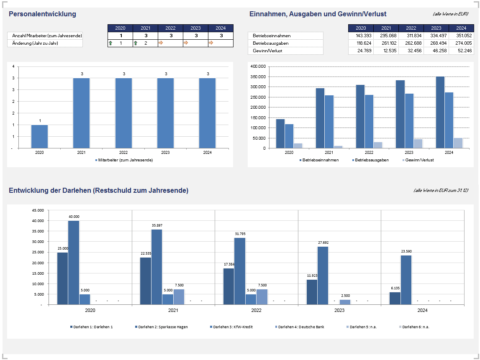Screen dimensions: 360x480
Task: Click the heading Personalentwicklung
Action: coord(42,14)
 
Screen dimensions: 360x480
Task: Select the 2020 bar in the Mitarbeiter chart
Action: coord(39,136)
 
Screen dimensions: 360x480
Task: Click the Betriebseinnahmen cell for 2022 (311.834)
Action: coord(411,36)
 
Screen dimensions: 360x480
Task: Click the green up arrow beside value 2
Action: coord(135,43)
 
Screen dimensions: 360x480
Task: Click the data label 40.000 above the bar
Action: coord(74,217)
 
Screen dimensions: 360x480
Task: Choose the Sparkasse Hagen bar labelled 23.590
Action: coord(406,280)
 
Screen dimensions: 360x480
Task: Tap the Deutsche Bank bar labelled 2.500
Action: coord(345,302)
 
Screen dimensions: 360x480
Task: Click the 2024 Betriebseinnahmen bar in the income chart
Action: coord(440,112)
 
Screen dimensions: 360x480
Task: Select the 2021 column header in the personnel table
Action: coord(145,28)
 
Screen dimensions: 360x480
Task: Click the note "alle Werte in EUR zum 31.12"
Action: coord(440,190)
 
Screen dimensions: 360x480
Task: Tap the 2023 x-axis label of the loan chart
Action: coord(339,311)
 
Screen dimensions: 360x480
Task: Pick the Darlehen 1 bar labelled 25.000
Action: coord(62,278)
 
